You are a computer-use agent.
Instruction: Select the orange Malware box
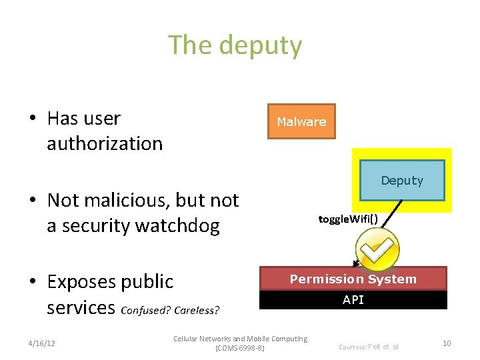(301, 121)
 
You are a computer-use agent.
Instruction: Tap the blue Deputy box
(402, 180)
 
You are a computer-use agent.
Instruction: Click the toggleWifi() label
(348, 218)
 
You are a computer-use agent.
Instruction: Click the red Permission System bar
(353, 279)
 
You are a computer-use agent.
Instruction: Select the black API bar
(353, 300)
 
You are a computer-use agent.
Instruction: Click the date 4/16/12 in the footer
(42, 343)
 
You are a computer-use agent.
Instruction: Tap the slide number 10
(447, 343)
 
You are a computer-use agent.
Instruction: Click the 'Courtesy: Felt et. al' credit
(369, 347)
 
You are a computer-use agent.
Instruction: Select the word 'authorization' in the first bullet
(105, 143)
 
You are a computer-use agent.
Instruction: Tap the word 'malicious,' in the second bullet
(134, 200)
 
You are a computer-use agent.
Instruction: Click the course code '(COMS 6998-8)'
(240, 348)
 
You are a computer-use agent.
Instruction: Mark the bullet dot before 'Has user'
(32, 119)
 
